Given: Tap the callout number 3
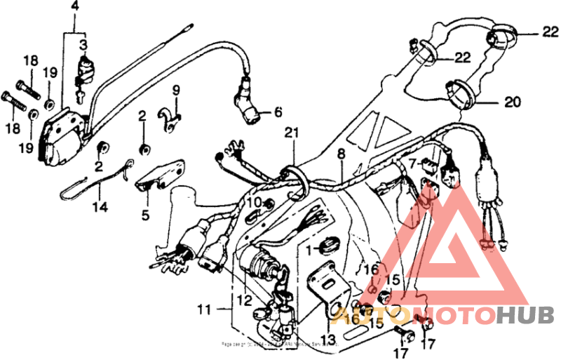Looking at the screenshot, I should [x=83, y=45].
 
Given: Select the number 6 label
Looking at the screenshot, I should [x=278, y=112].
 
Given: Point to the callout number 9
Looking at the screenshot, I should [x=176, y=89].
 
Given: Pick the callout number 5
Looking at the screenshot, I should [x=145, y=215].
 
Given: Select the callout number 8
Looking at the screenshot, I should [x=341, y=153].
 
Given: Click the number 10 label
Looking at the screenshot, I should [x=252, y=204].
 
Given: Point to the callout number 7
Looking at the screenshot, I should [x=412, y=163].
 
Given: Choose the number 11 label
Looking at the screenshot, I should [x=203, y=309].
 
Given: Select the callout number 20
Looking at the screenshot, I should [x=513, y=101].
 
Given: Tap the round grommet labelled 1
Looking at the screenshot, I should [x=327, y=247].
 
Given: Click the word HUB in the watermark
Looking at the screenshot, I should [x=525, y=316].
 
